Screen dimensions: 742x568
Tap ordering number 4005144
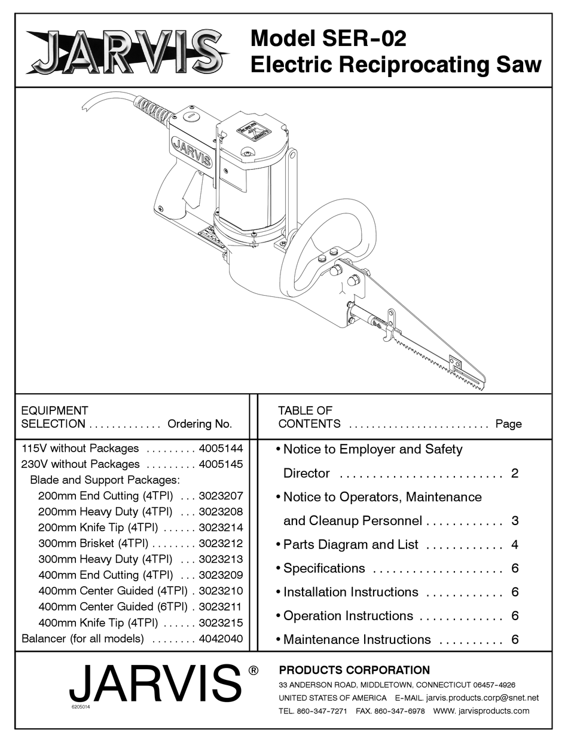coord(221,448)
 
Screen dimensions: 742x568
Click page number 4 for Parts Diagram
coord(515,544)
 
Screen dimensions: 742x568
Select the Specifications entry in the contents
coord(323,568)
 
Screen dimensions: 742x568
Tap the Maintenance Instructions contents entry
coord(356,639)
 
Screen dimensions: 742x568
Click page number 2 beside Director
coord(515,473)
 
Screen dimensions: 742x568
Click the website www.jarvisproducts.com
coord(481,710)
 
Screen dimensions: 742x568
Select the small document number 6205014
coord(80,707)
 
